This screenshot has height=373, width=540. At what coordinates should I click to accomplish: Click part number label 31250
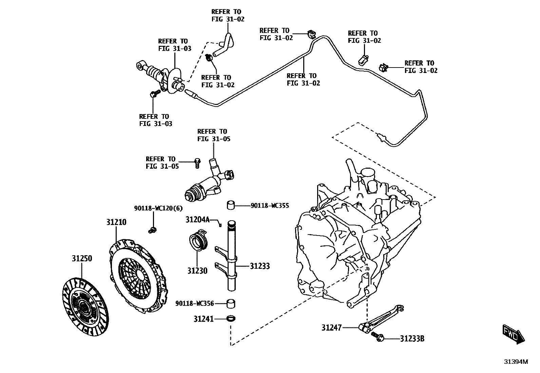click(81, 258)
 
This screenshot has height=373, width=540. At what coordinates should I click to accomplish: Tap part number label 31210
click(116, 222)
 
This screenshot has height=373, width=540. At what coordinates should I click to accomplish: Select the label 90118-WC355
click(270, 206)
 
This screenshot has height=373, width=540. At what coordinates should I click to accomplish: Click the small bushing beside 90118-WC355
click(231, 205)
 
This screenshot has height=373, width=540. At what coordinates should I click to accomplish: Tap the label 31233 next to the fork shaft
click(260, 266)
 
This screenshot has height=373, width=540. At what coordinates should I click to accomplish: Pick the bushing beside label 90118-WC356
click(231, 303)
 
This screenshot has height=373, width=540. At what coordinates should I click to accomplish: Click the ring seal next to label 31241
click(231, 319)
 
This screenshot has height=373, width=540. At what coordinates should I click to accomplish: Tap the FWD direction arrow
click(513, 335)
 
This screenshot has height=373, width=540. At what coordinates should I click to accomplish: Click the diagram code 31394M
click(516, 361)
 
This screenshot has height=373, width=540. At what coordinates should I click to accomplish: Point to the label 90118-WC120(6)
click(158, 208)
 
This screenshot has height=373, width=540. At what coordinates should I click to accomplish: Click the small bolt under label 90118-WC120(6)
click(152, 230)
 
